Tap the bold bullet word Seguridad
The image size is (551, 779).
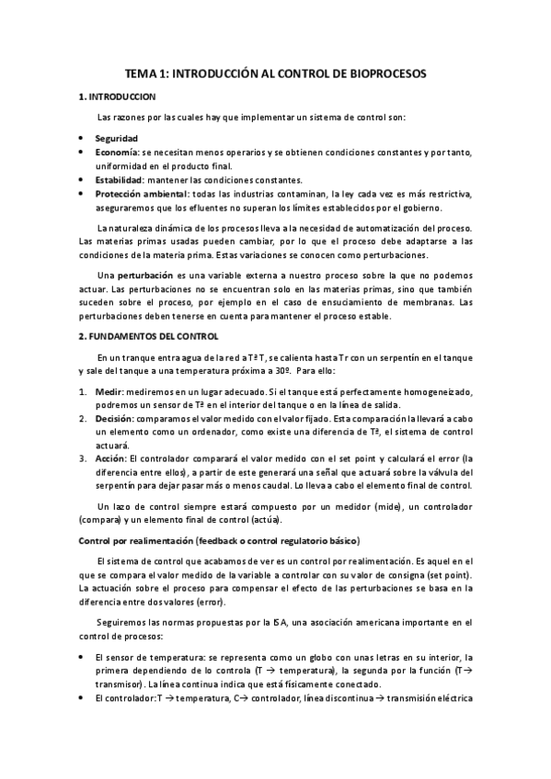(116, 138)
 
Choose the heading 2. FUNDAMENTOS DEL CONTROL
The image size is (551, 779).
(145, 335)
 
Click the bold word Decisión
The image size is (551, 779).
(113, 418)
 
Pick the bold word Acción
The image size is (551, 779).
(110, 458)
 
